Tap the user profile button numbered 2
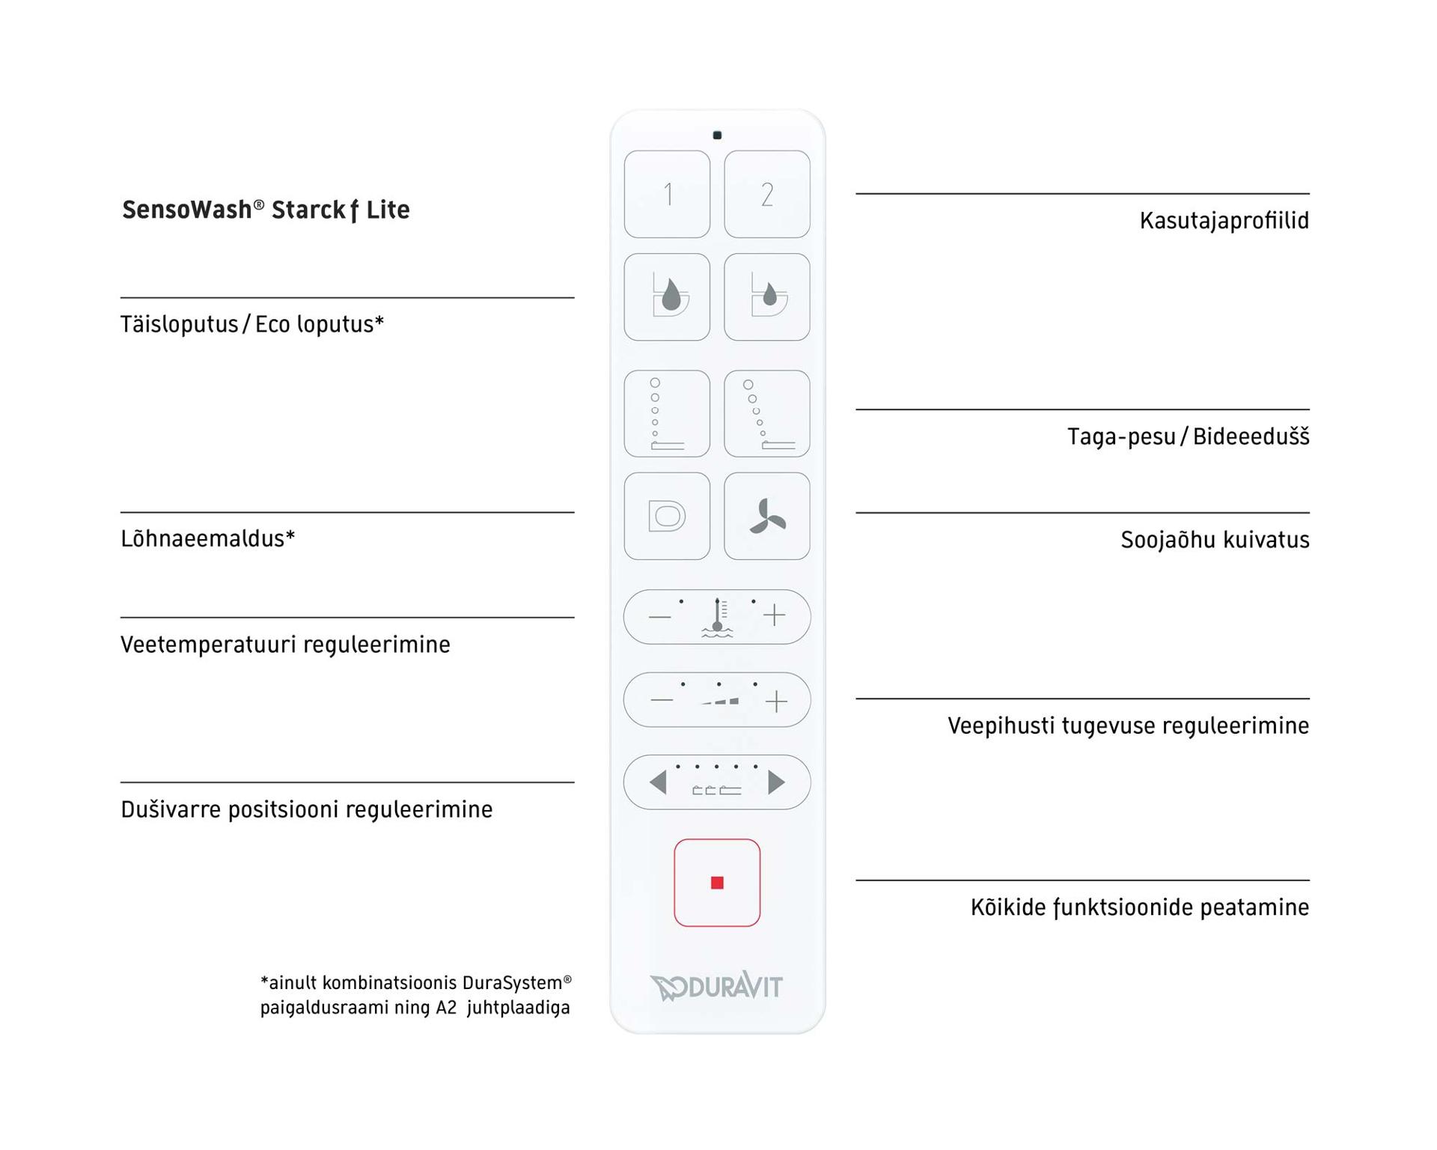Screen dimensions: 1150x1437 (766, 195)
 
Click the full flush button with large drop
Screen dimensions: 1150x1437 (667, 297)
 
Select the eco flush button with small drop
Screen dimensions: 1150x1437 (766, 297)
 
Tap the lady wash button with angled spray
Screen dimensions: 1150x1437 (766, 413)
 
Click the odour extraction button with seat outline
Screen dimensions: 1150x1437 (667, 516)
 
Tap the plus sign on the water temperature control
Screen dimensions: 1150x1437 (775, 616)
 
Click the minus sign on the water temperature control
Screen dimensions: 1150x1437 (659, 617)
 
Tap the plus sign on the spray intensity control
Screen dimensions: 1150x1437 (777, 701)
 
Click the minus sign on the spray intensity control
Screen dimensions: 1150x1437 (662, 701)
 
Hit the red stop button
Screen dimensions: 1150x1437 (717, 883)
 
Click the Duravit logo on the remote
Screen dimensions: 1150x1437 (716, 986)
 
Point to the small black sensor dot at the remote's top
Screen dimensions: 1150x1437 (717, 136)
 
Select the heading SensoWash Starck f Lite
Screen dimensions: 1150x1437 (266, 210)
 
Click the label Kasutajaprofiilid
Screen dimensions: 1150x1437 (1224, 221)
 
